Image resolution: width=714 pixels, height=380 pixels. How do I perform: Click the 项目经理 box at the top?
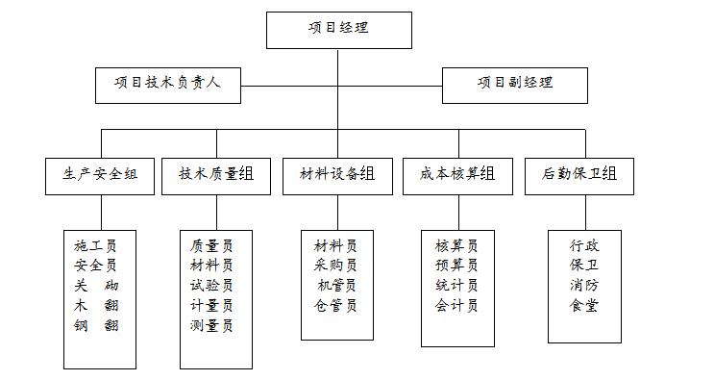[338, 30]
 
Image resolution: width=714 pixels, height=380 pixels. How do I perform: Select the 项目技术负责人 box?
[168, 84]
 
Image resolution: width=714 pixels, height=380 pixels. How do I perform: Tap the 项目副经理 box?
[515, 84]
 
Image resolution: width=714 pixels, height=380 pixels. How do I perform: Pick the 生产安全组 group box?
[100, 175]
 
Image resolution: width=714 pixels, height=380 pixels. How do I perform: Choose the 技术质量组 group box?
[216, 175]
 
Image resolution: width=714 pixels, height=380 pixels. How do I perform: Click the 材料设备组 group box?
[336, 175]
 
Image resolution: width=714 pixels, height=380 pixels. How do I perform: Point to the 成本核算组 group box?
[457, 175]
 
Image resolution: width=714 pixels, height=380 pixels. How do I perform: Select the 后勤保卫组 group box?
[579, 175]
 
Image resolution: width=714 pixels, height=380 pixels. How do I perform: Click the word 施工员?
[96, 244]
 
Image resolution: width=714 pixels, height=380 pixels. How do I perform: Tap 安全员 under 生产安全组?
[96, 265]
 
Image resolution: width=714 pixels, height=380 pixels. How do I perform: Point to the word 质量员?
[212, 244]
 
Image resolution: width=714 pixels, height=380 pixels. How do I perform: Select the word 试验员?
[212, 286]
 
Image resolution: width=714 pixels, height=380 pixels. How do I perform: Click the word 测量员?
[212, 326]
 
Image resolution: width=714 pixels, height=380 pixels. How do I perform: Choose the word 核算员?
[456, 244]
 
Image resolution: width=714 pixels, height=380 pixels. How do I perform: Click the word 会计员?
[456, 306]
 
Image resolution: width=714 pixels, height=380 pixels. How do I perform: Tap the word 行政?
[584, 244]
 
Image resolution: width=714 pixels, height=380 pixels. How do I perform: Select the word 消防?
[584, 286]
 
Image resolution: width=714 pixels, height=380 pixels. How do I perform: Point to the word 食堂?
[584, 306]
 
